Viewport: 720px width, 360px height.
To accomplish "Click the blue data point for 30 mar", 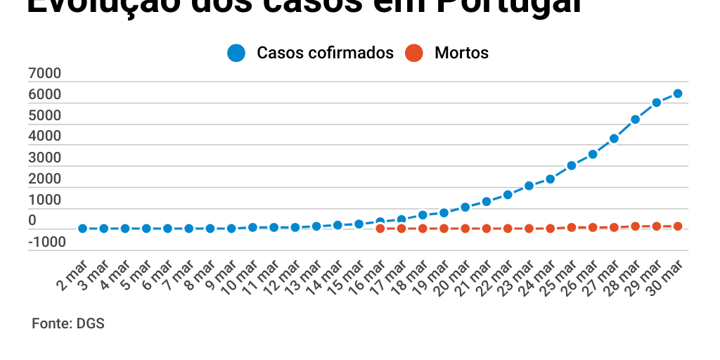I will click(678, 94).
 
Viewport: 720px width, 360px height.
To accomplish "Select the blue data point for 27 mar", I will click(614, 139).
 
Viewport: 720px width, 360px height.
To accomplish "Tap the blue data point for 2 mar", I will click(83, 229).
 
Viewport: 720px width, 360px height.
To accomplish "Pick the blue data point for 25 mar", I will click(572, 166).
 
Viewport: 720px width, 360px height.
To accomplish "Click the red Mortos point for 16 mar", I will click(380, 229).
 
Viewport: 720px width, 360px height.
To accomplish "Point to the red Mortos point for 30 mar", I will click(678, 226).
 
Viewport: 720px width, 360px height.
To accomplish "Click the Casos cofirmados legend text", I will click(325, 53).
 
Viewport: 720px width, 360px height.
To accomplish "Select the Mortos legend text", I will click(461, 53).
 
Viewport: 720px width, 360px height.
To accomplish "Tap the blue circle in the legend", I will click(236, 53).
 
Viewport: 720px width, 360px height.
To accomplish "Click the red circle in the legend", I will click(415, 53).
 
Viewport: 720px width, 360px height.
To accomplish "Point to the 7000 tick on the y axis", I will click(45, 74).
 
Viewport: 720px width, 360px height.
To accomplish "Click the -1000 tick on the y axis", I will click(47, 243).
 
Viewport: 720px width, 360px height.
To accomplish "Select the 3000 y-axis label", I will click(45, 158).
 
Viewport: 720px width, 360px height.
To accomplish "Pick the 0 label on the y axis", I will click(32, 221).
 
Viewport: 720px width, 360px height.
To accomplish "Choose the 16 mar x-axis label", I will click(368, 277).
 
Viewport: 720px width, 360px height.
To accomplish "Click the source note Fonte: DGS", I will click(68, 324).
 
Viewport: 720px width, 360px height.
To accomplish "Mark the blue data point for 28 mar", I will click(635, 120).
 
